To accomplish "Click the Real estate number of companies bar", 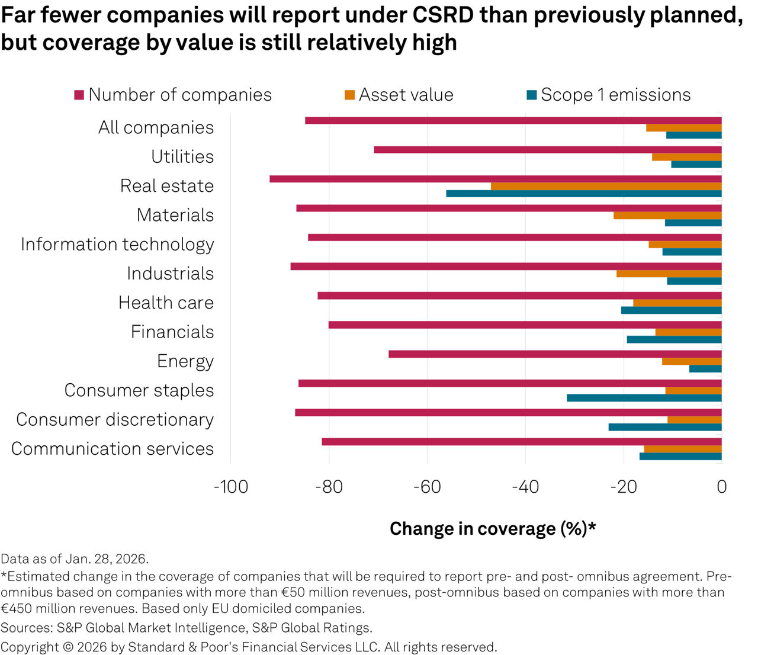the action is coord(496,179).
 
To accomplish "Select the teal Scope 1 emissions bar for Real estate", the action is coord(584,194).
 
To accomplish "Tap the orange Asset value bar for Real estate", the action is coord(606,187).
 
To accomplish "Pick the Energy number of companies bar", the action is coord(555,354).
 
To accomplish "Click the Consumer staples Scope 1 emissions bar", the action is coord(644,398).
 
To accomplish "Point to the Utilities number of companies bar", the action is coord(548,150).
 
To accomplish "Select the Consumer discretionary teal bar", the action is coord(665,427).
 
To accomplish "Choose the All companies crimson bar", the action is coord(513,120).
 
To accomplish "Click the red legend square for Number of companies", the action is coord(79,95).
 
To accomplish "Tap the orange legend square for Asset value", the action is coord(349,95).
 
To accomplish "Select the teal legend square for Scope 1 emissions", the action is coord(532,95).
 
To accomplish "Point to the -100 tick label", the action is coord(231,487).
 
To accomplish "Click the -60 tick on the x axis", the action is coord(427,487).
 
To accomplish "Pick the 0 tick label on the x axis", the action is coord(722,487).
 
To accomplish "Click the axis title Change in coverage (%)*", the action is coord(493,529).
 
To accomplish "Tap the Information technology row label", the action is coord(117,245).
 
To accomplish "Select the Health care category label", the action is coord(166,303).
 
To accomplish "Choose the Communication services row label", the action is coord(113,448).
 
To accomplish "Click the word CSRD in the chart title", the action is coord(444,15).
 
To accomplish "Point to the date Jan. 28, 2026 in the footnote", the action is coord(107,559).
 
